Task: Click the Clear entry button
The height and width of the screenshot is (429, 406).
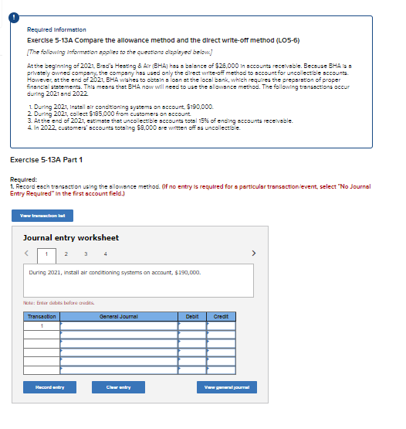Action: (130, 386)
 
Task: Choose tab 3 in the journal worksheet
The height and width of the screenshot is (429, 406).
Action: (86, 254)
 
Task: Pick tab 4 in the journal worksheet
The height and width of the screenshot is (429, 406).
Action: (105, 254)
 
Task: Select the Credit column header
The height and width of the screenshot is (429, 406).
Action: (221, 316)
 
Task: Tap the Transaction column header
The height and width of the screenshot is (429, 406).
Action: (42, 316)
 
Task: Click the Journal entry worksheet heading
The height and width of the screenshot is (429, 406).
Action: (71, 237)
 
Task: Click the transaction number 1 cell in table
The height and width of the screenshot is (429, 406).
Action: (42, 325)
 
